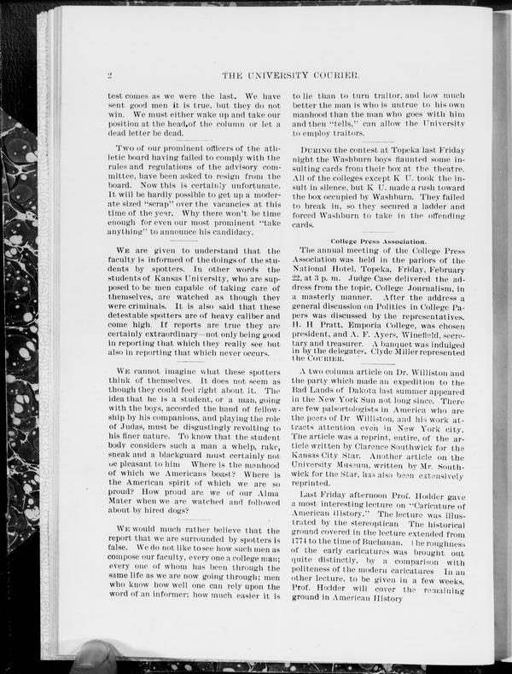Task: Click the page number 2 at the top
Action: [111, 74]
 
